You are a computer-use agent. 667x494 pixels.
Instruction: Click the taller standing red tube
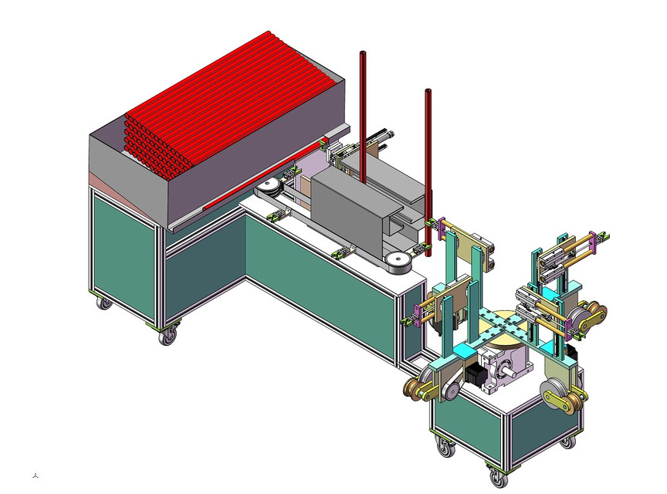click(x=362, y=116)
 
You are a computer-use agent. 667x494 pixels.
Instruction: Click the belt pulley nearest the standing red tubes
click(x=398, y=263)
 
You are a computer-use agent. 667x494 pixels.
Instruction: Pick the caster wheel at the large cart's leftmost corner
click(x=103, y=303)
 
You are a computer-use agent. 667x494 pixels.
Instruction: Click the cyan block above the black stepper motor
click(x=466, y=352)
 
